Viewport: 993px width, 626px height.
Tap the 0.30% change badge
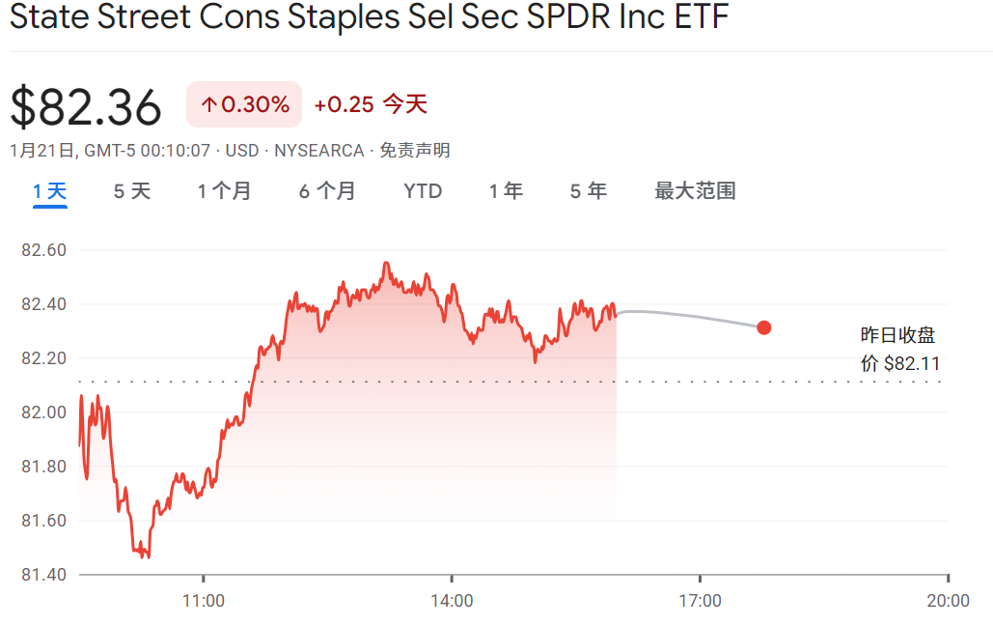coord(244,104)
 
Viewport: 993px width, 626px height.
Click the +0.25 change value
coord(344,104)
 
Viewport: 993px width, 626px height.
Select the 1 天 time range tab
coord(49,191)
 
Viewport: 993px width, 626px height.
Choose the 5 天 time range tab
coord(132,191)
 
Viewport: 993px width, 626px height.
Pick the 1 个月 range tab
coord(224,191)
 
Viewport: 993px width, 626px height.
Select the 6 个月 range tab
coord(327,191)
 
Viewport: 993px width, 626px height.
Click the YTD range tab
coord(423,191)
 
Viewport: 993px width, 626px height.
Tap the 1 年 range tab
coord(506,191)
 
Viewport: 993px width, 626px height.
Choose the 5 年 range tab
coord(588,191)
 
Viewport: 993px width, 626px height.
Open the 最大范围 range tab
coord(695,191)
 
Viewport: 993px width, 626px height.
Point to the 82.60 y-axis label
coord(43,250)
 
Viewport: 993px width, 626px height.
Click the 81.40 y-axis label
coord(43,575)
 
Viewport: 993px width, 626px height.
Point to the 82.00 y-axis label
coord(43,413)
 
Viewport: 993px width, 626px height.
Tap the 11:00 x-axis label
coord(204,601)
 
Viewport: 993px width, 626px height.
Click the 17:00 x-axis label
coord(700,601)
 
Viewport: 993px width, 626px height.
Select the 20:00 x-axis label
coord(948,601)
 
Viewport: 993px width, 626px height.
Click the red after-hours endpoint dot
coord(764,327)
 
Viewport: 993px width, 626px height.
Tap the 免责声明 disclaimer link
coord(414,151)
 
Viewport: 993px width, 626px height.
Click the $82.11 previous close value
coord(911,364)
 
